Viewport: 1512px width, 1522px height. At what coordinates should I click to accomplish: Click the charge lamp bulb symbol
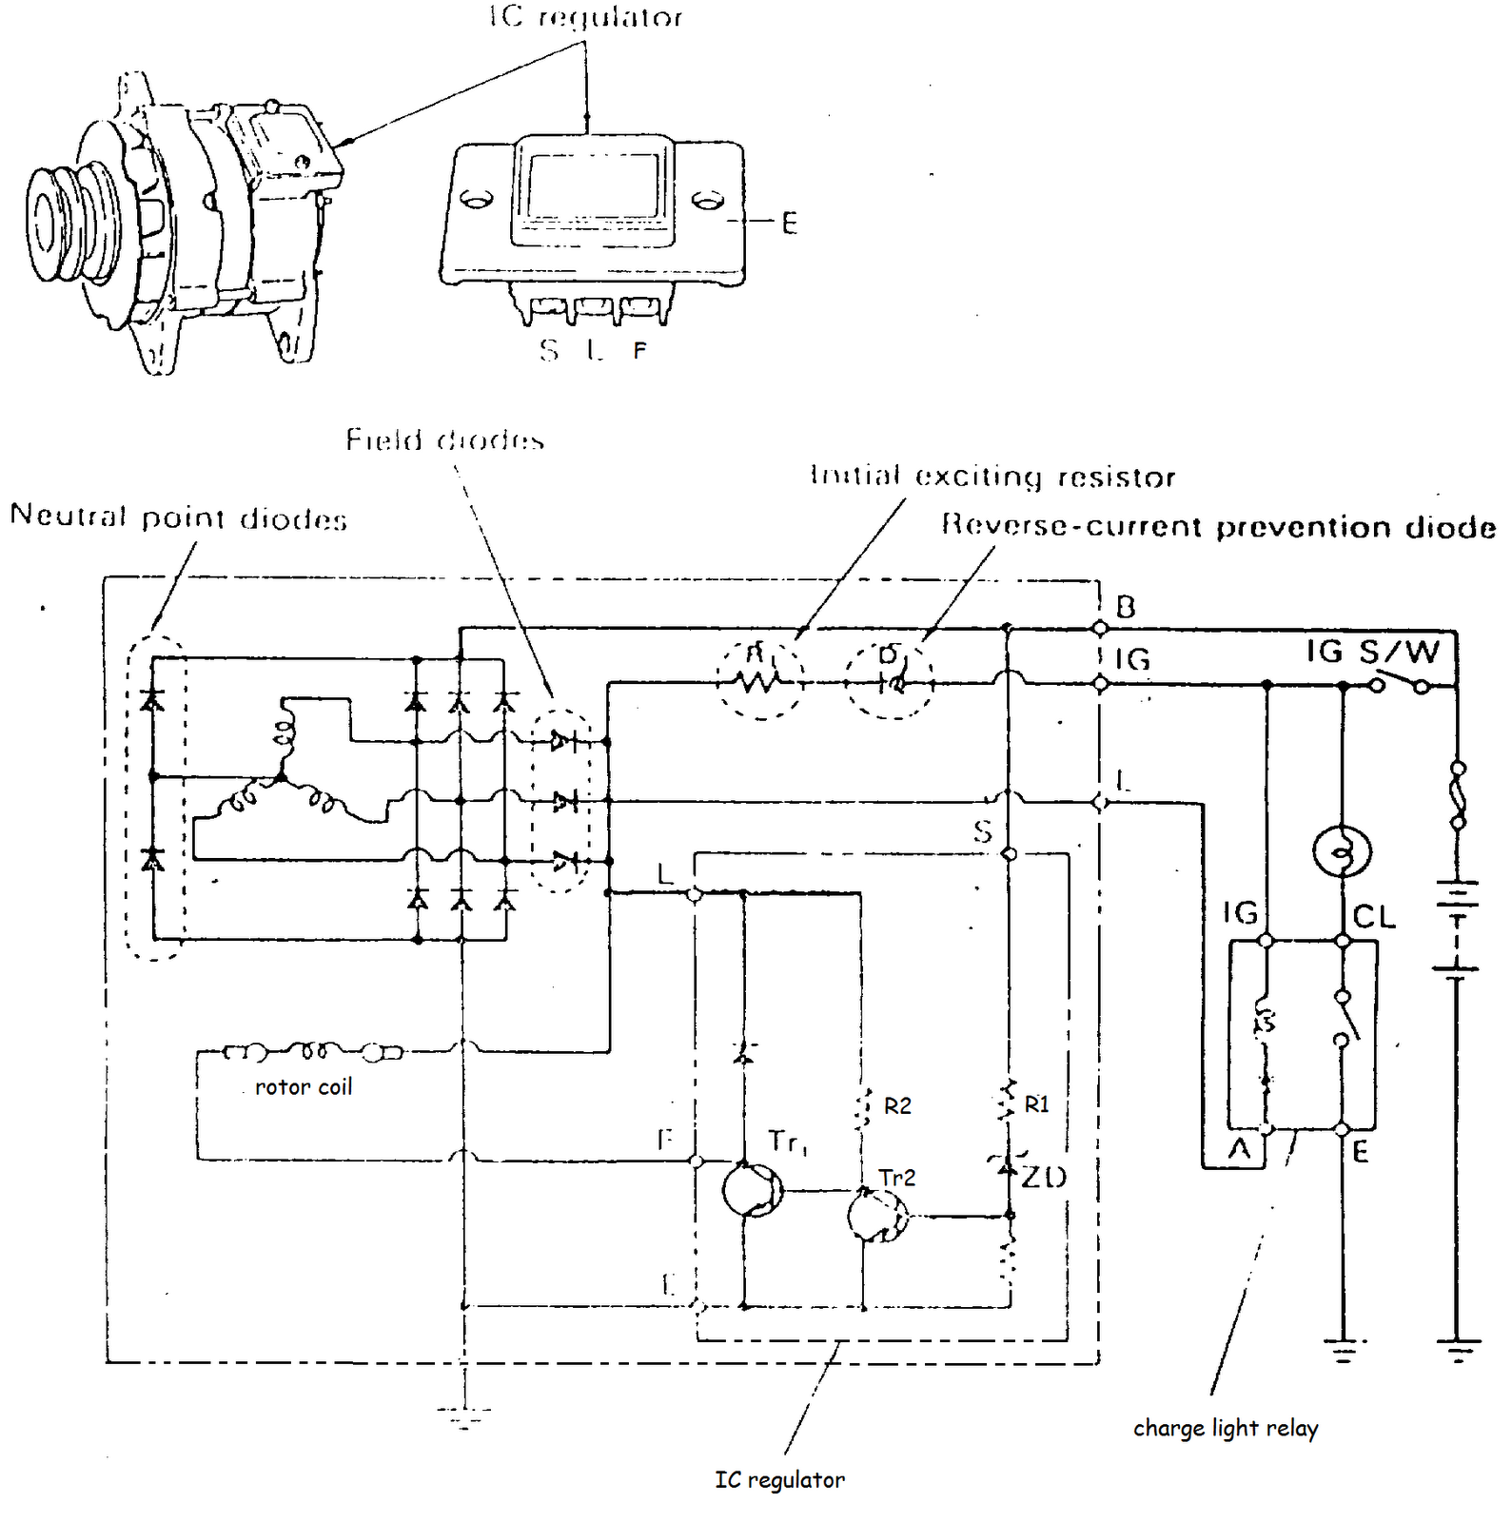[1341, 851]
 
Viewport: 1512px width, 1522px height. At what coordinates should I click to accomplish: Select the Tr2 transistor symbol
[877, 1215]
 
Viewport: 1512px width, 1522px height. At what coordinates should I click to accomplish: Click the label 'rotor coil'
[304, 1087]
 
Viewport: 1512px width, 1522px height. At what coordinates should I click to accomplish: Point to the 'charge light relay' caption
[1225, 1428]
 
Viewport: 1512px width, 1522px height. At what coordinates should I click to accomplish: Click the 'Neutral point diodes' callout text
[178, 517]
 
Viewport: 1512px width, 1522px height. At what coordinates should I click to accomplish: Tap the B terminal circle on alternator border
[1100, 628]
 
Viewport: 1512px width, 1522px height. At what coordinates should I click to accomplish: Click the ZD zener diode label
[1044, 1177]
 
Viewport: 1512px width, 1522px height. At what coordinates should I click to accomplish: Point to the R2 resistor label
[897, 1105]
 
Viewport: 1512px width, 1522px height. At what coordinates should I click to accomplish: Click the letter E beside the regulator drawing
[789, 224]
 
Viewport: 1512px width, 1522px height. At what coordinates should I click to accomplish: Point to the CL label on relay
[1373, 917]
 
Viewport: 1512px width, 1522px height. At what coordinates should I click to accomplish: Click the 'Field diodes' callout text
[444, 440]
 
